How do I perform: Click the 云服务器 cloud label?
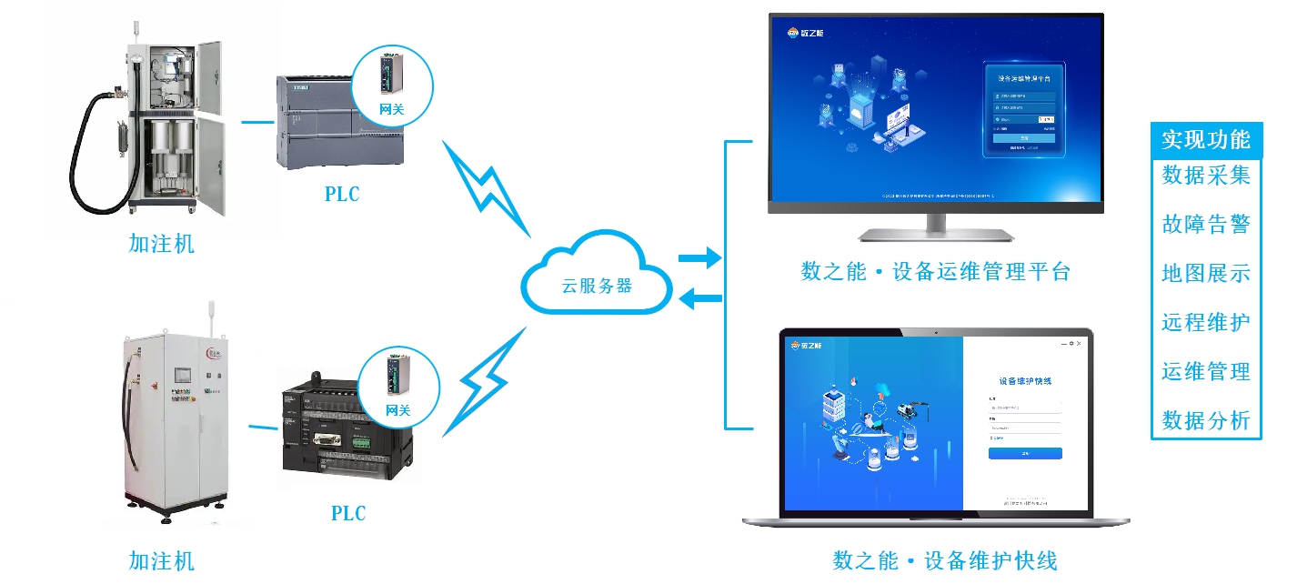tap(597, 285)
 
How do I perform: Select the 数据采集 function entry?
tap(1206, 176)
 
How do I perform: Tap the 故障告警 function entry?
tap(1206, 225)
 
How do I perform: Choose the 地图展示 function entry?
tap(1206, 273)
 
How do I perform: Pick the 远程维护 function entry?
tap(1206, 322)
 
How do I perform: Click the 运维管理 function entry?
tap(1206, 371)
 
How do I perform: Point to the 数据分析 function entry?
tap(1206, 420)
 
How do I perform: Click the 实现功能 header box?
tap(1206, 139)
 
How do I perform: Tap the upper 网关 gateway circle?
tap(392, 85)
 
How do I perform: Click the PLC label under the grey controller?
tap(342, 195)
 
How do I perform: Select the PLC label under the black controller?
tap(347, 514)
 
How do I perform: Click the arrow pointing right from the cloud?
tap(699, 259)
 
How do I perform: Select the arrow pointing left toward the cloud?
tap(699, 297)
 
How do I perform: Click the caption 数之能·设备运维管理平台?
tap(935, 271)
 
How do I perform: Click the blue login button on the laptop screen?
tap(1025, 453)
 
